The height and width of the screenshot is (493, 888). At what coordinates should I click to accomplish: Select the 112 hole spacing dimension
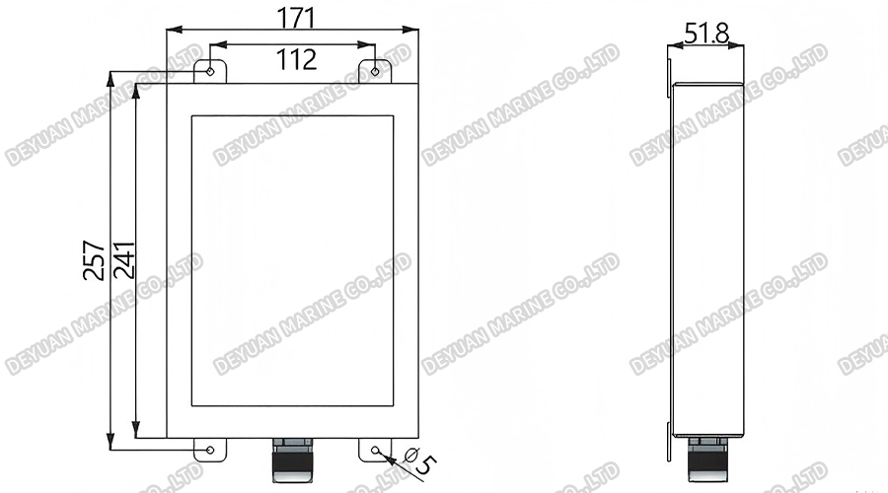[x=296, y=59]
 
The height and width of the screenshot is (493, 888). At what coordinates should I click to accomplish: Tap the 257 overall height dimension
[x=94, y=260]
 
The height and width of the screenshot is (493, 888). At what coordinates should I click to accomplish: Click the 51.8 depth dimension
[x=706, y=34]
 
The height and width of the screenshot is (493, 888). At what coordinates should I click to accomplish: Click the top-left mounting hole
[x=211, y=70]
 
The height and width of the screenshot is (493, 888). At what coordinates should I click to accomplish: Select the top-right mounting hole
[x=375, y=70]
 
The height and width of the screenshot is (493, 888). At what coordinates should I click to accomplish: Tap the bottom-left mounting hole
[x=210, y=451]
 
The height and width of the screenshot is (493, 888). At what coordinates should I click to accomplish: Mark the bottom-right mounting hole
[x=376, y=451]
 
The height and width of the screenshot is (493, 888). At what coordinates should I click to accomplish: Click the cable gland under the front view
[x=292, y=459]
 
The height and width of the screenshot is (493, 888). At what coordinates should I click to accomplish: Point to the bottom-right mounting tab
[x=375, y=449]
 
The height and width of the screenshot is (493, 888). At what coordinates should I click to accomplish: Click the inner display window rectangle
[x=292, y=260]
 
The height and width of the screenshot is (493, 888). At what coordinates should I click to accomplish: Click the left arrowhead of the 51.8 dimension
[x=674, y=45]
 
